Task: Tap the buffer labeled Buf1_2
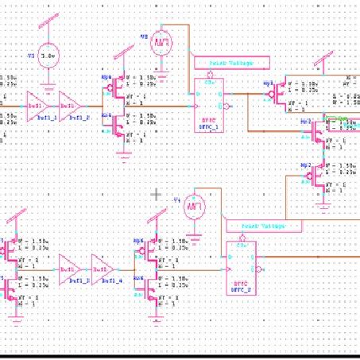click(70, 103)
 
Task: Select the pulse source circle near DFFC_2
click(193, 208)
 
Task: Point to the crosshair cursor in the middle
click(157, 194)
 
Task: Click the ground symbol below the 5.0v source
click(49, 87)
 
